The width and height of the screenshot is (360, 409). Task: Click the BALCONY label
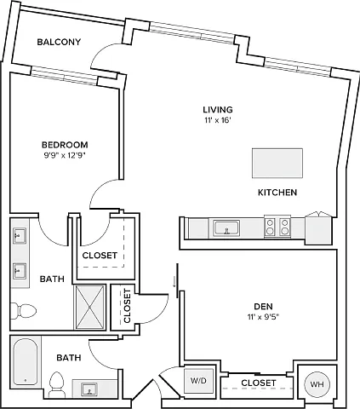coord(59,42)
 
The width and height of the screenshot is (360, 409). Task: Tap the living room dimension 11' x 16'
coord(218,120)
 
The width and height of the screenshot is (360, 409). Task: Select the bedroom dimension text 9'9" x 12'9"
coord(65,155)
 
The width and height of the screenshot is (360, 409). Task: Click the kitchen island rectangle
coord(277,163)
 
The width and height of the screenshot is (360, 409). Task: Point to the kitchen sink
coord(226,228)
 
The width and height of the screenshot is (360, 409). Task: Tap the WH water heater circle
coord(317,384)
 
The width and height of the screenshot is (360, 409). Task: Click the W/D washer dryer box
coord(198,381)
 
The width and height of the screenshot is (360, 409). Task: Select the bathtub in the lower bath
coord(26,361)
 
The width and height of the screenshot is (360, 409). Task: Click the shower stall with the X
coord(89,307)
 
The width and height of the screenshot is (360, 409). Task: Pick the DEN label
coord(263,307)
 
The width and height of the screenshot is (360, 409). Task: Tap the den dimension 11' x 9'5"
coord(263,317)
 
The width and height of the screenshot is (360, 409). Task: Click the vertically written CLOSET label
coord(127,306)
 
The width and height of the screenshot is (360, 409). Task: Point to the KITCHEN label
coord(277,193)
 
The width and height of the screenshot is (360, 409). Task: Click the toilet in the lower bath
coord(57,384)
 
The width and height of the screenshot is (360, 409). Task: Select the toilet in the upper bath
coord(23,311)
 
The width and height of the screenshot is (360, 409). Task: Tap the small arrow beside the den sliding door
coord(174,282)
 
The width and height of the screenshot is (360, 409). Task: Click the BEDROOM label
coord(65,145)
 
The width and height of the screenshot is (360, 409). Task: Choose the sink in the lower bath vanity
coord(89,389)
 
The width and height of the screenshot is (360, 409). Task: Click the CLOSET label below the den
coord(258,383)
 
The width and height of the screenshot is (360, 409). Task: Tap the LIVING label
coord(218,110)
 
